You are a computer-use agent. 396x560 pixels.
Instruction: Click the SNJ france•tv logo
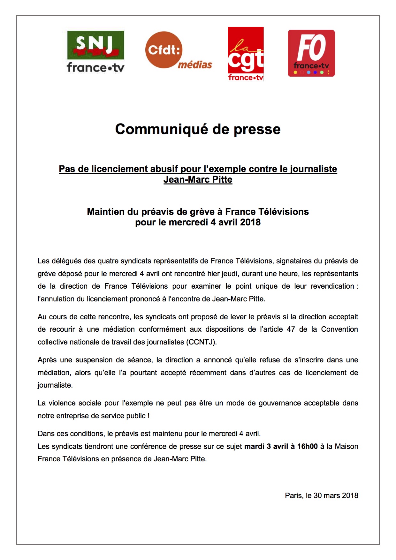click(x=95, y=52)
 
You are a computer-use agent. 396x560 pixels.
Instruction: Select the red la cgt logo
click(x=246, y=54)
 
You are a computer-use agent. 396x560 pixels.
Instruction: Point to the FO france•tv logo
click(x=311, y=53)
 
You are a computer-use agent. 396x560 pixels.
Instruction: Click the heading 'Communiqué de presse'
click(x=198, y=129)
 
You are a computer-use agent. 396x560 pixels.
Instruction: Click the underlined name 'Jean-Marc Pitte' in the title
click(x=198, y=179)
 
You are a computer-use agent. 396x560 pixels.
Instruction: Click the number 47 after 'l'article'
click(x=291, y=329)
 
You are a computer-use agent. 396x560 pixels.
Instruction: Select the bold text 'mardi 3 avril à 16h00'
click(x=281, y=446)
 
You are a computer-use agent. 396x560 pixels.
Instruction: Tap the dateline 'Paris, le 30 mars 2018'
click(x=321, y=496)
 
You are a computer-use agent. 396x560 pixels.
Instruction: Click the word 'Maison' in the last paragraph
click(x=346, y=446)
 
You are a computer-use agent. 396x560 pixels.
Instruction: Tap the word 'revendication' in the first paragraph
click(x=332, y=286)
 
